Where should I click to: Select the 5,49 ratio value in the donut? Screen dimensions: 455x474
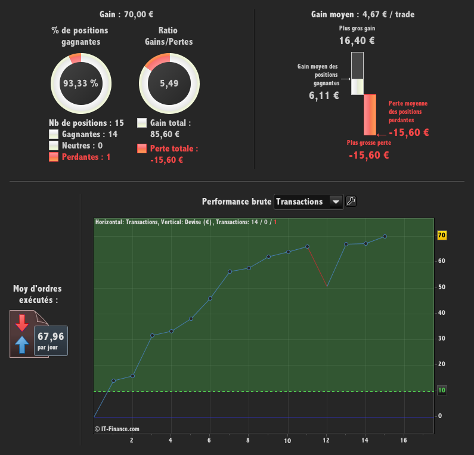tap(169, 83)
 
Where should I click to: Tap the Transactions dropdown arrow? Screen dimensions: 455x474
tap(336, 202)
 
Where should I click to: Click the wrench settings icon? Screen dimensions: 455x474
tap(351, 202)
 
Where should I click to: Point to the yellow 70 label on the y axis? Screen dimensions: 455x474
tap(442, 236)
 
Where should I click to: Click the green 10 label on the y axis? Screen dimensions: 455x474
tap(442, 391)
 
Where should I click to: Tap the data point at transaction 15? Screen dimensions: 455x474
tap(385, 236)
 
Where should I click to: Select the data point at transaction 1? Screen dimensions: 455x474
tap(113, 380)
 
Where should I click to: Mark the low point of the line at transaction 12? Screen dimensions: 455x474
tap(327, 286)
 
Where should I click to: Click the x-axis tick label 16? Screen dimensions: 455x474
tap(404, 441)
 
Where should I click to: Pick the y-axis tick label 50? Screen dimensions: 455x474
tap(441, 287)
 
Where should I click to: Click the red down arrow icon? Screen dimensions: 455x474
tap(22, 323)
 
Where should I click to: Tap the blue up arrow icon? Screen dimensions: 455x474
tap(22, 344)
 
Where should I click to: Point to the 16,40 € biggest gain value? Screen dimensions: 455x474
tap(357, 41)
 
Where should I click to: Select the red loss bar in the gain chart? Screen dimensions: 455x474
tap(370, 114)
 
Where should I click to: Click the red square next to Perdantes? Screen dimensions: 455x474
tap(54, 157)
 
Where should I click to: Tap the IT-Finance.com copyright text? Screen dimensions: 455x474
tap(117, 428)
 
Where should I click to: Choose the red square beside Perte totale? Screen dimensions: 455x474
tap(142, 148)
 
